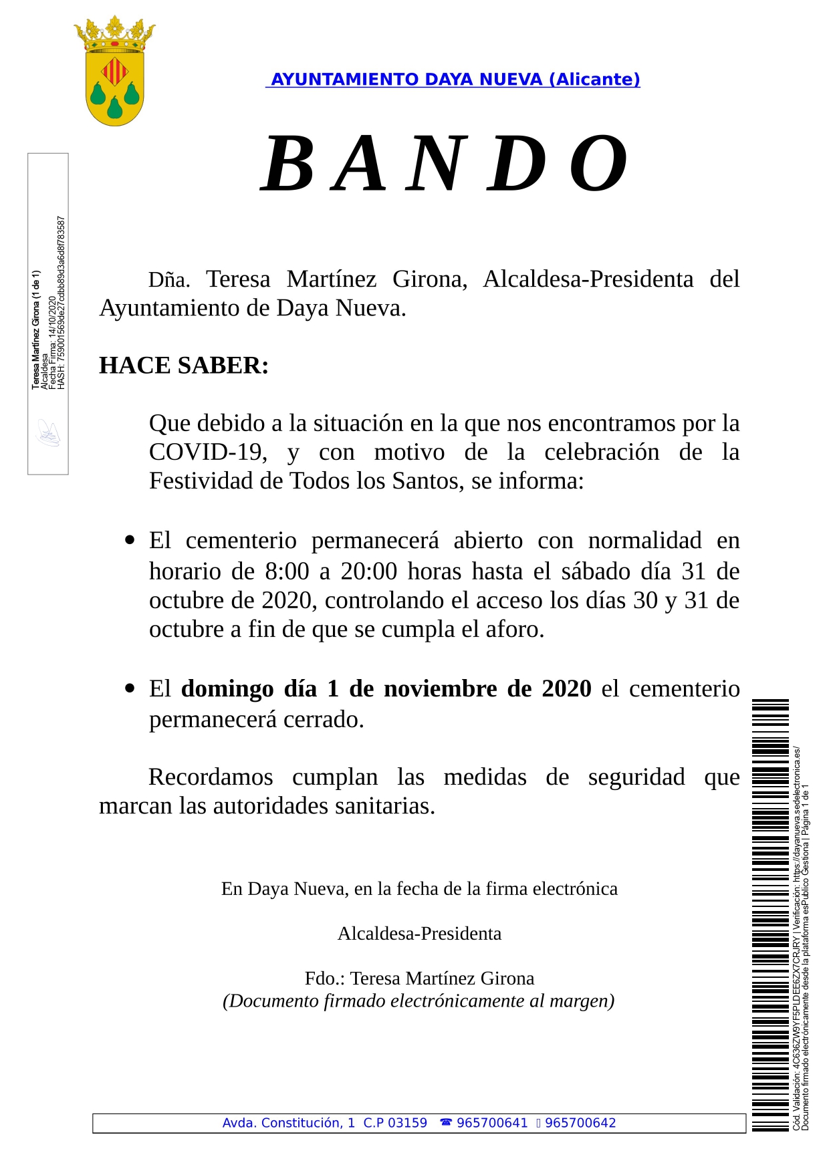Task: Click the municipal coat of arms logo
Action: tap(115, 72)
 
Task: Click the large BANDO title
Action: tap(444, 164)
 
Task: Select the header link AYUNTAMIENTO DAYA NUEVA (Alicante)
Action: tap(454, 80)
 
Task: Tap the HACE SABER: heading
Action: tap(184, 366)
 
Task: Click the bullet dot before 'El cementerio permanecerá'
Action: tap(130, 540)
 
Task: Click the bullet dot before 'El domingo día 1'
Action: tap(130, 688)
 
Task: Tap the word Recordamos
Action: tap(211, 777)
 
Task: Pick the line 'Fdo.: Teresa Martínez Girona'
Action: tap(419, 979)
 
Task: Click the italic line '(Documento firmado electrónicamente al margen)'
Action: tap(419, 1001)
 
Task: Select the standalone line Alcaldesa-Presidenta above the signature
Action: tap(419, 934)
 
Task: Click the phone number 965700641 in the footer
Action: tap(492, 1123)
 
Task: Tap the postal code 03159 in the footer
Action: tap(407, 1123)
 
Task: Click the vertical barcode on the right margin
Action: tap(770, 916)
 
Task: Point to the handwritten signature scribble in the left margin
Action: tap(48, 434)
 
